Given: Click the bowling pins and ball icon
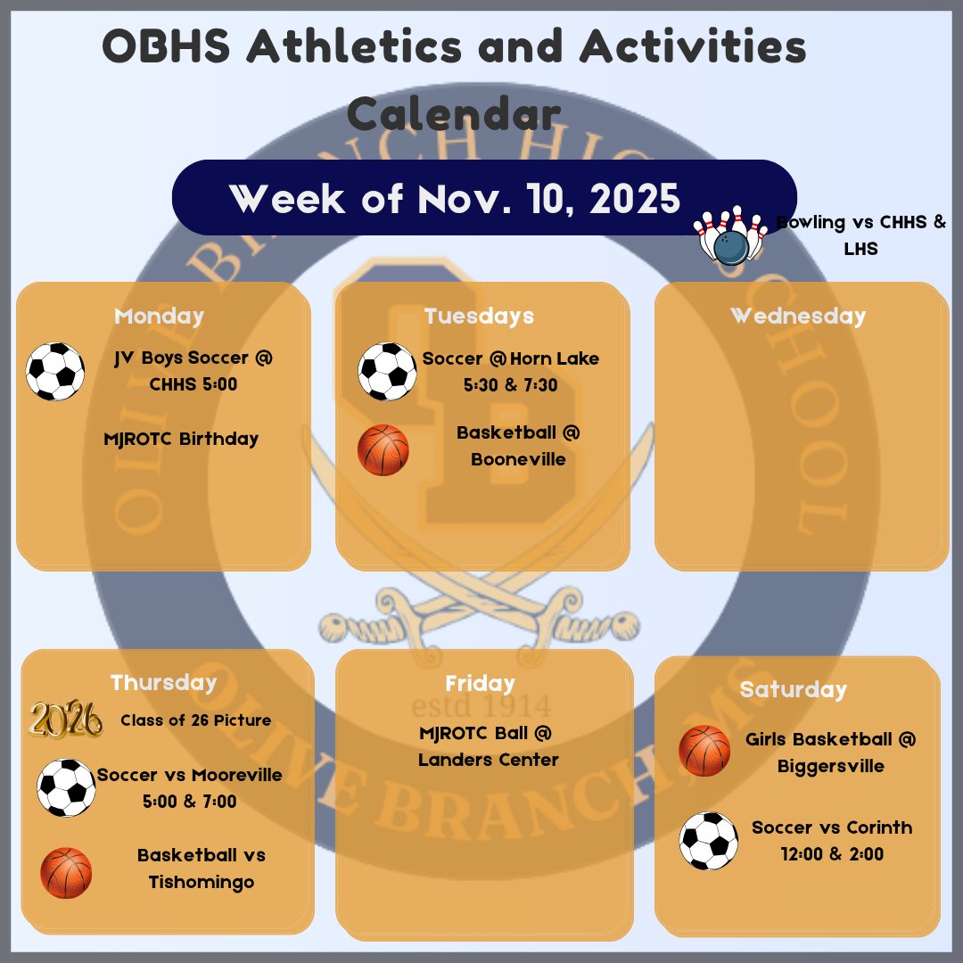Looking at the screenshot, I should (x=731, y=236).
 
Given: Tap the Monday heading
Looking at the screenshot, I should (x=160, y=317).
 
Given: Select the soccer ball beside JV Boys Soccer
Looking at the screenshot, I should (x=55, y=372).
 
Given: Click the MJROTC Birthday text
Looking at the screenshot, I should (x=182, y=439).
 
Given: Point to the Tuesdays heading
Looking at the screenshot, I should (x=479, y=317).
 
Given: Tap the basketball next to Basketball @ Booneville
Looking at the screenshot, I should (x=383, y=449).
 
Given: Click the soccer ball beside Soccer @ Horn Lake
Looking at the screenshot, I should (x=387, y=371).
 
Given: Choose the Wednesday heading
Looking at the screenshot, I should (x=798, y=317).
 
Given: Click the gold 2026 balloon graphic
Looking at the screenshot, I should (x=65, y=720).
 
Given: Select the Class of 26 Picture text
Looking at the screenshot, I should (x=196, y=720).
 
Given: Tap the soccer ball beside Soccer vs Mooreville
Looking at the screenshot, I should (x=66, y=787).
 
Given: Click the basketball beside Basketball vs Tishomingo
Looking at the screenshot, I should (x=66, y=872).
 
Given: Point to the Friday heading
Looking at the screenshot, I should (x=481, y=684).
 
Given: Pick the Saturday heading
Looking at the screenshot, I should (x=794, y=690).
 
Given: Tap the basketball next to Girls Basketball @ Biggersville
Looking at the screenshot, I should (x=704, y=751).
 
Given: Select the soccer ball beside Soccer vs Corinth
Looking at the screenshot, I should (x=709, y=840).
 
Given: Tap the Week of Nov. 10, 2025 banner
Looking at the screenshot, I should (x=455, y=198).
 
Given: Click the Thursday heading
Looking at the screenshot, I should (x=164, y=683).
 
